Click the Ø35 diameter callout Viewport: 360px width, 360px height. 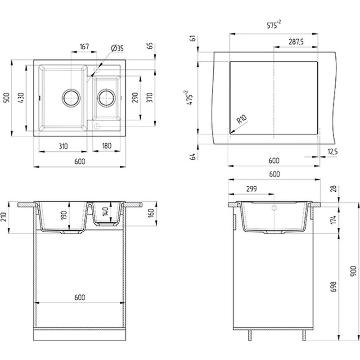click(x=117, y=48)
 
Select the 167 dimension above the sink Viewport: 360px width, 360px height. click(x=84, y=47)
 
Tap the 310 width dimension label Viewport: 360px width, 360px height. click(x=63, y=146)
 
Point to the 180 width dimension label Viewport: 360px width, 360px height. click(x=107, y=146)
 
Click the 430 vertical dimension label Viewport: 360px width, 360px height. click(x=21, y=98)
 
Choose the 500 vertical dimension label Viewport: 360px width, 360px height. click(x=7, y=98)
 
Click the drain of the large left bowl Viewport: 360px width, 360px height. click(x=71, y=97)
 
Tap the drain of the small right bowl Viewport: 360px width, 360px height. click(x=106, y=97)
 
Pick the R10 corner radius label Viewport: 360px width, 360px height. click(x=242, y=119)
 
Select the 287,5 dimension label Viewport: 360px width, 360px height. click(x=296, y=42)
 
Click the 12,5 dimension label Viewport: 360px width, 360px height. click(x=333, y=152)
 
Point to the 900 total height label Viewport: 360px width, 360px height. click(x=354, y=271)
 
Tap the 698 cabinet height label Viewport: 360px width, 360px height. click(x=333, y=287)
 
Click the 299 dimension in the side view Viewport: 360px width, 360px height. click(x=252, y=189)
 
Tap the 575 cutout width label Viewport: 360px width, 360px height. click(x=274, y=25)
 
